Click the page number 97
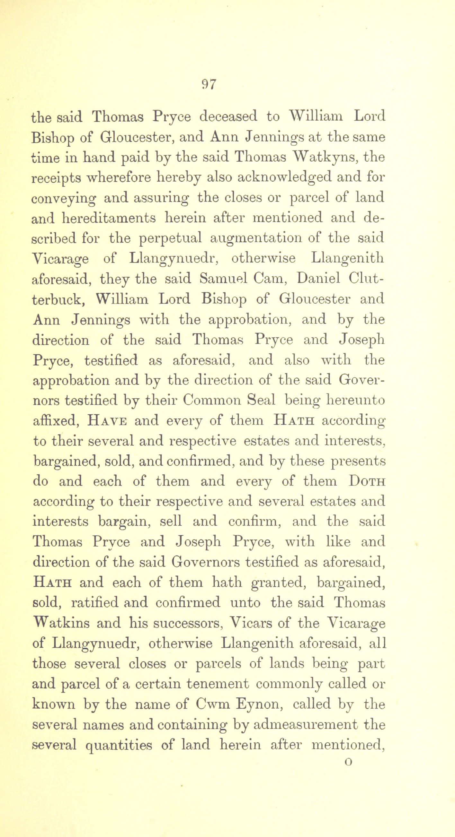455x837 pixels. click(209, 84)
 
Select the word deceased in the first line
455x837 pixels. click(228, 116)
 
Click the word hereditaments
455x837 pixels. click(109, 218)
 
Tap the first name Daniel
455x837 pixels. click(314, 279)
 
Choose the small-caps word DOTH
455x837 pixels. click(367, 481)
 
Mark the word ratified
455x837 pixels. click(95, 603)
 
